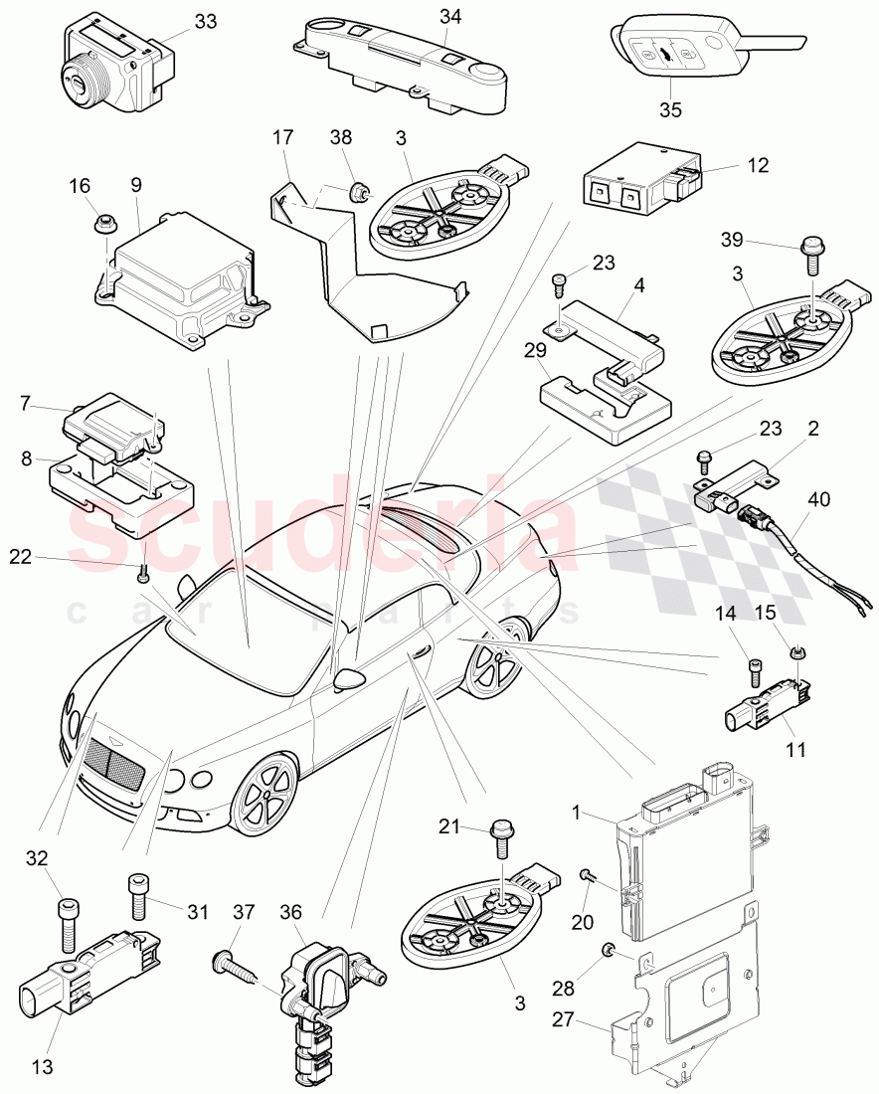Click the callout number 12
pos(758,166)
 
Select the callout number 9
pos(136,184)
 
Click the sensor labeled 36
pos(318,985)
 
